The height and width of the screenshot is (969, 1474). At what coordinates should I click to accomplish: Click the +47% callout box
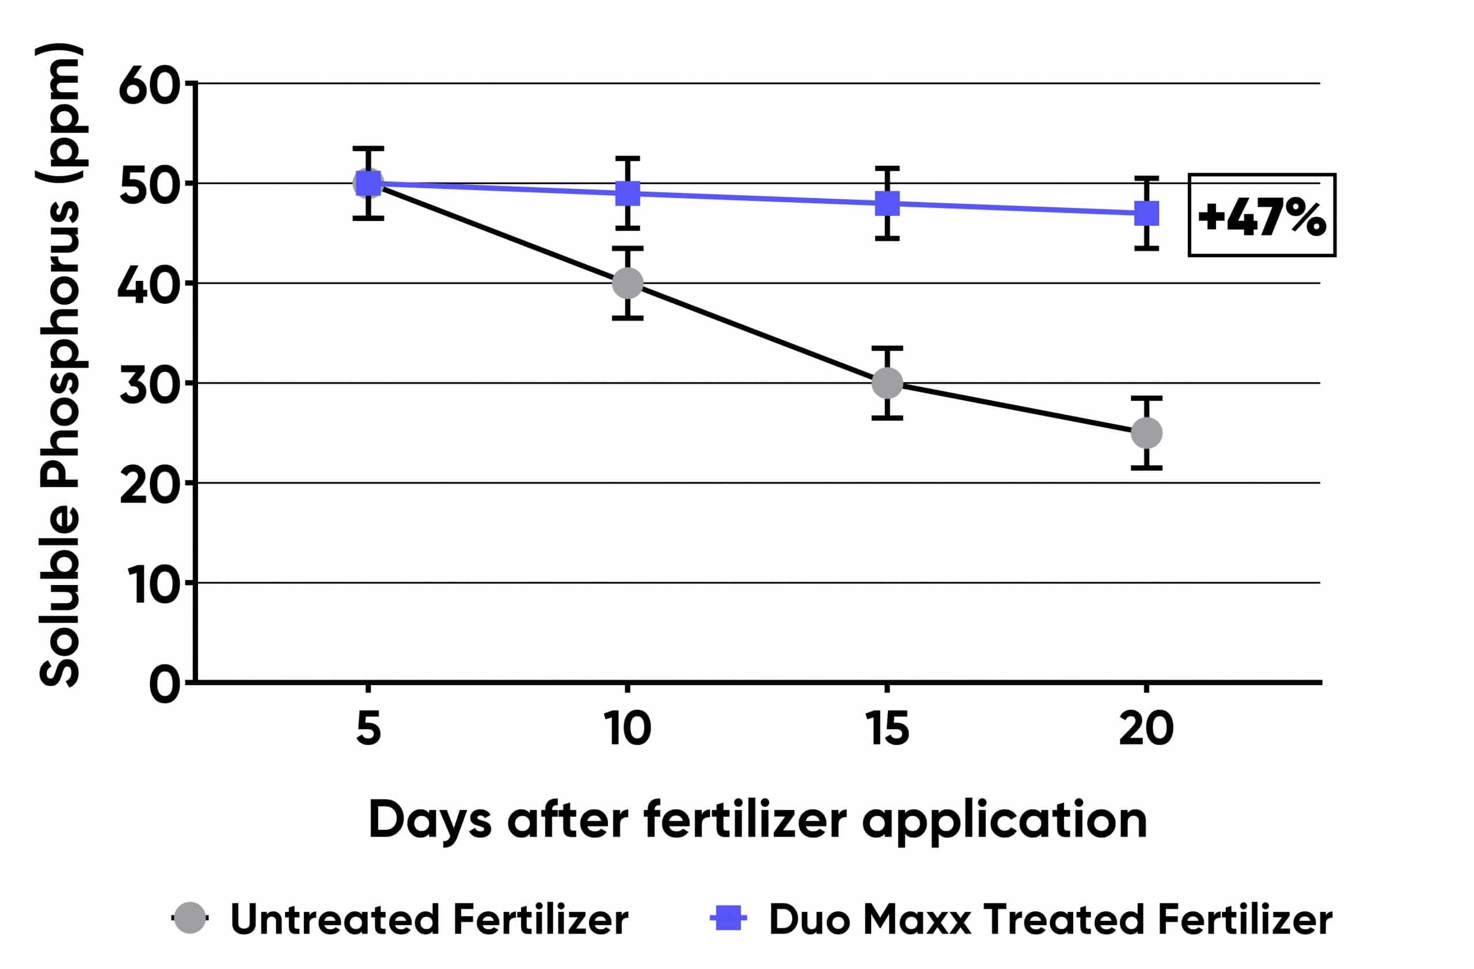tap(1262, 215)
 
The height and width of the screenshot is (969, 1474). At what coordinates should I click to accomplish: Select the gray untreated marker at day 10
tap(628, 283)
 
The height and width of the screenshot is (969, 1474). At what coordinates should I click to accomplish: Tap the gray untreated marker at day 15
tap(887, 383)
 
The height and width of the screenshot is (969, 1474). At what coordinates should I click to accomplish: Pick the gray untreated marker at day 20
tap(1146, 433)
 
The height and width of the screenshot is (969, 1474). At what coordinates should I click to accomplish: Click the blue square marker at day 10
tap(628, 193)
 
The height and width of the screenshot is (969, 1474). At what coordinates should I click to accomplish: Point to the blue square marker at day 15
tap(887, 203)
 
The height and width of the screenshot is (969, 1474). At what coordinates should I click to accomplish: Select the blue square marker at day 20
tap(1146, 213)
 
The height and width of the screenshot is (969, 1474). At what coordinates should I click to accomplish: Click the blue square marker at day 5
tap(368, 183)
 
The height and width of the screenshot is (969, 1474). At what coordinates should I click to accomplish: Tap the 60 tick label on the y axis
tap(149, 85)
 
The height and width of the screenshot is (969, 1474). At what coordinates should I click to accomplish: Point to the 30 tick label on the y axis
tap(149, 385)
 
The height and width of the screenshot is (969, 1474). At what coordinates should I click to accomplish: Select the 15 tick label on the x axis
tap(887, 729)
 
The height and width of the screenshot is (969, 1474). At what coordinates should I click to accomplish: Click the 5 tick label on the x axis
tap(368, 729)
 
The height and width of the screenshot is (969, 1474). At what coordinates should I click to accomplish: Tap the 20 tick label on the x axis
tap(1146, 729)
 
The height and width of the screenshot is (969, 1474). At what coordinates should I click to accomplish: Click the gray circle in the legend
tap(189, 918)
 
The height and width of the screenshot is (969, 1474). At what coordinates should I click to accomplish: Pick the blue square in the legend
tap(728, 918)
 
